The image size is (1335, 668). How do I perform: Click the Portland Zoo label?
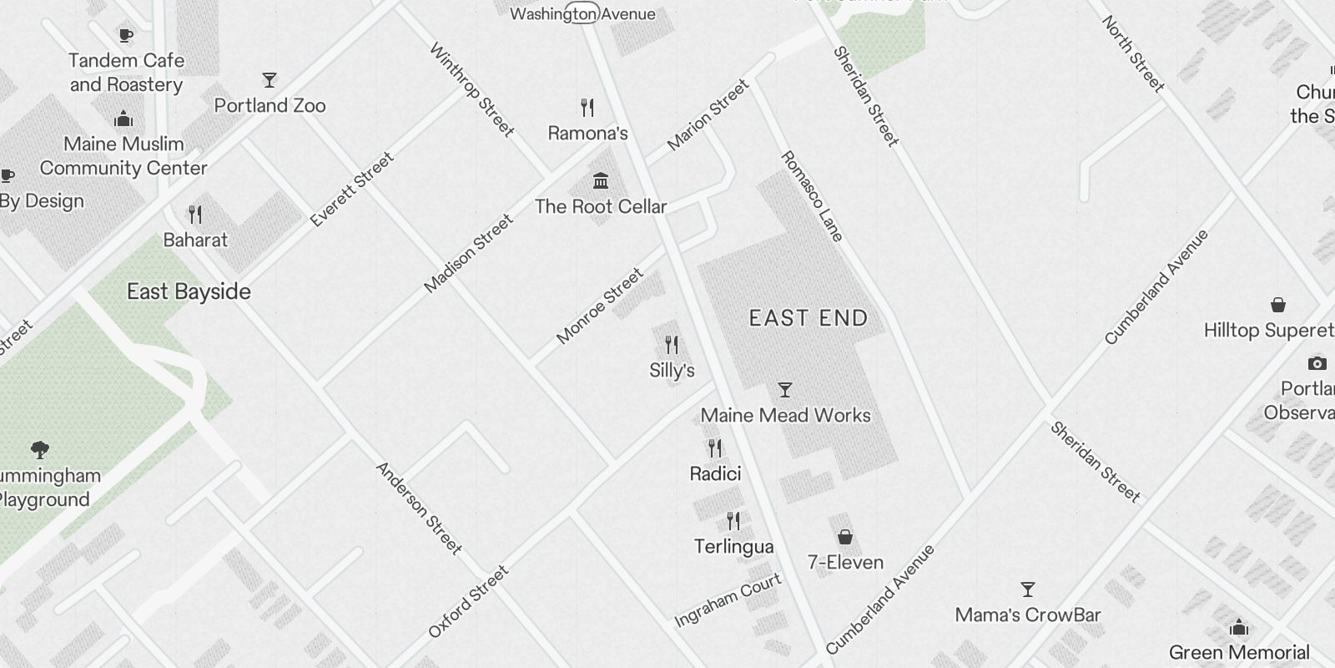270,105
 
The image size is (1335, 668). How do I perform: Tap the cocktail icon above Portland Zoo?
269,80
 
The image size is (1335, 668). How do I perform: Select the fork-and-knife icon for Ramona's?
587,108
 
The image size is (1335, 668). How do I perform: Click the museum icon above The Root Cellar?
600,180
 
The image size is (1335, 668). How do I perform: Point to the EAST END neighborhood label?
808,318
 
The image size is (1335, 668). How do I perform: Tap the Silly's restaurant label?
672,370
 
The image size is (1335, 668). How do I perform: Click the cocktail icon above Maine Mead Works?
784,390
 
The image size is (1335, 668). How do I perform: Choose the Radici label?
715,473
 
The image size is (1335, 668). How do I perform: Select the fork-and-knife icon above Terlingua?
733,521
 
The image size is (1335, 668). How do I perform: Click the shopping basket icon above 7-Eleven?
844,536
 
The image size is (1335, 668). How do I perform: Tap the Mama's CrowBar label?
1027,615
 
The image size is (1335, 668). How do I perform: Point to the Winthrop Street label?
471,89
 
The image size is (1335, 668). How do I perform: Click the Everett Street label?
351,190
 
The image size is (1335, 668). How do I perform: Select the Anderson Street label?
419,508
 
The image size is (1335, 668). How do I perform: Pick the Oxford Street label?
468,601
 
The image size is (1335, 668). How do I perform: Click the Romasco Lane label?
812,196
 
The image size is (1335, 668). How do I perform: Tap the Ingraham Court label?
728,600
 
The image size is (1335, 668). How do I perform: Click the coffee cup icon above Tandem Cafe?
125,35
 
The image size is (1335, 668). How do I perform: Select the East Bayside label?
189,291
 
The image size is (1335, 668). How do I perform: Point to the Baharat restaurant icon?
195,215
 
